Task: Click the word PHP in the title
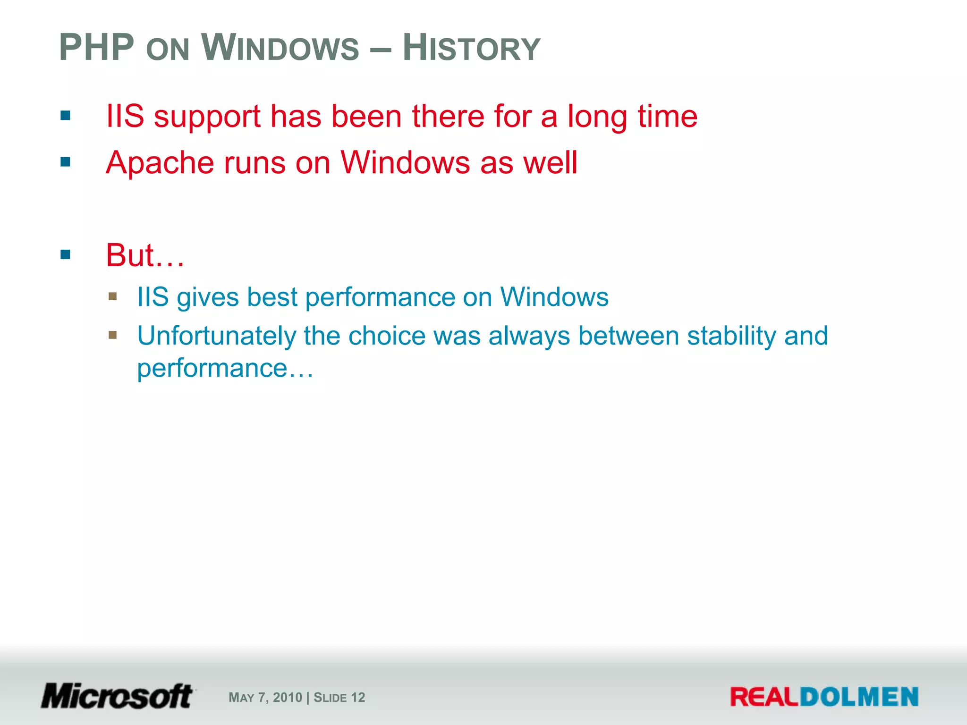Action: (97, 48)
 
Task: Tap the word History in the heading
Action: (471, 48)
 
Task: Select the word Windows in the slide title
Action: (280, 48)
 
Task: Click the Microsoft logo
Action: (117, 696)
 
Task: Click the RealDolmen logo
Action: (824, 697)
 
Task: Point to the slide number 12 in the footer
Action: (358, 698)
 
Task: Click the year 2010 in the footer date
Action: (287, 698)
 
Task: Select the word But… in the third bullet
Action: (145, 255)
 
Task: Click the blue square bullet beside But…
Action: (66, 255)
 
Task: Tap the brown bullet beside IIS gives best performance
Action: (112, 296)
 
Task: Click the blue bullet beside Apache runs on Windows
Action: (66, 162)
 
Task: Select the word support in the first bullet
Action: (207, 117)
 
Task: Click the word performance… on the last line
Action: (225, 369)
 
